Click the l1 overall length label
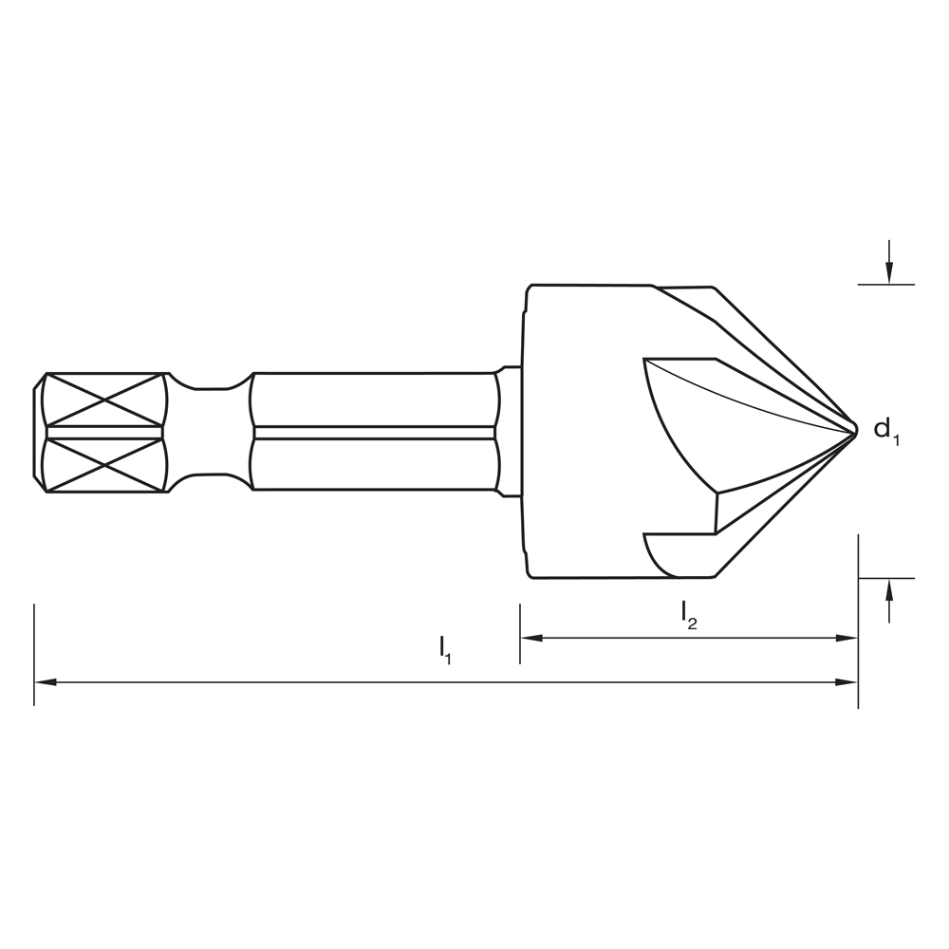(x=445, y=650)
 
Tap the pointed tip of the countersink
(x=855, y=430)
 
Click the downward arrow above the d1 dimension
(x=888, y=270)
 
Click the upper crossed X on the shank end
(x=104, y=399)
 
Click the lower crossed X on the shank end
(x=104, y=465)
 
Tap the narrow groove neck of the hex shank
(x=211, y=432)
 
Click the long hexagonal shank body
(x=375, y=432)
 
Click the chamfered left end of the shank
(x=40, y=432)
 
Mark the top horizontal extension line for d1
(x=885, y=284)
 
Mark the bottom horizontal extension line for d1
(x=885, y=578)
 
